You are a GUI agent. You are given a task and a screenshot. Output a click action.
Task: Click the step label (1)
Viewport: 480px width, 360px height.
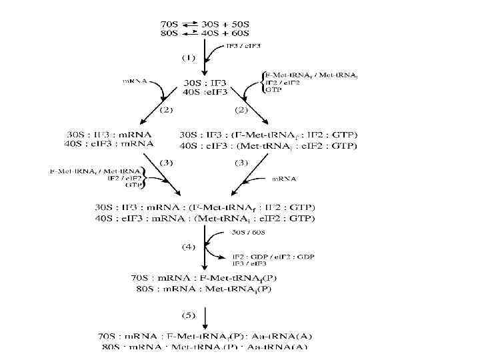click(x=189, y=58)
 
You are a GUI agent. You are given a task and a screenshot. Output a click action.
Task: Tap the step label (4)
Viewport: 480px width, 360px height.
click(x=189, y=247)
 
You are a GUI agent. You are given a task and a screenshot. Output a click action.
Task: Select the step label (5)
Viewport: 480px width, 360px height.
click(x=189, y=314)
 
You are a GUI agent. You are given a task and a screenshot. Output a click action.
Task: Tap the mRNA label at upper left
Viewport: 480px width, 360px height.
click(x=135, y=81)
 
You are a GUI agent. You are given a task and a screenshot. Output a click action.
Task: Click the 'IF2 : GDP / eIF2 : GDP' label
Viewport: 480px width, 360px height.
click(x=273, y=256)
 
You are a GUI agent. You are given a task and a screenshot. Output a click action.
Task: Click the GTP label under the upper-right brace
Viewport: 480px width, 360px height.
click(x=273, y=90)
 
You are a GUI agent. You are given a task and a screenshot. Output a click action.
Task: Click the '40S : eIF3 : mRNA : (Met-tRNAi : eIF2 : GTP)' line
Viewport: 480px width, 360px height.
click(x=205, y=218)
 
